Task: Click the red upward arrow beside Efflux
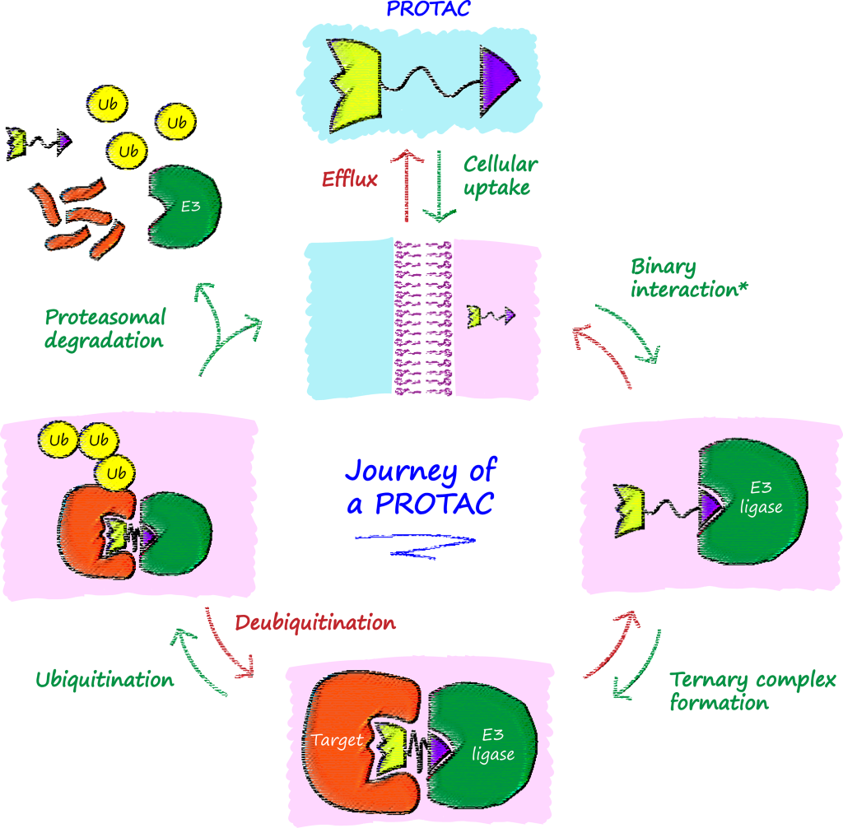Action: point(405,185)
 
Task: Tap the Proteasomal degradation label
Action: point(105,328)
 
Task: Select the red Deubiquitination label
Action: point(315,622)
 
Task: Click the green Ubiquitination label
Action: point(105,680)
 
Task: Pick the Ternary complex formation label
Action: point(752,691)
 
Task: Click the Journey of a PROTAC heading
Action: point(421,486)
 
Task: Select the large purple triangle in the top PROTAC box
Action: point(499,77)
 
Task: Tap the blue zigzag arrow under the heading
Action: point(417,545)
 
